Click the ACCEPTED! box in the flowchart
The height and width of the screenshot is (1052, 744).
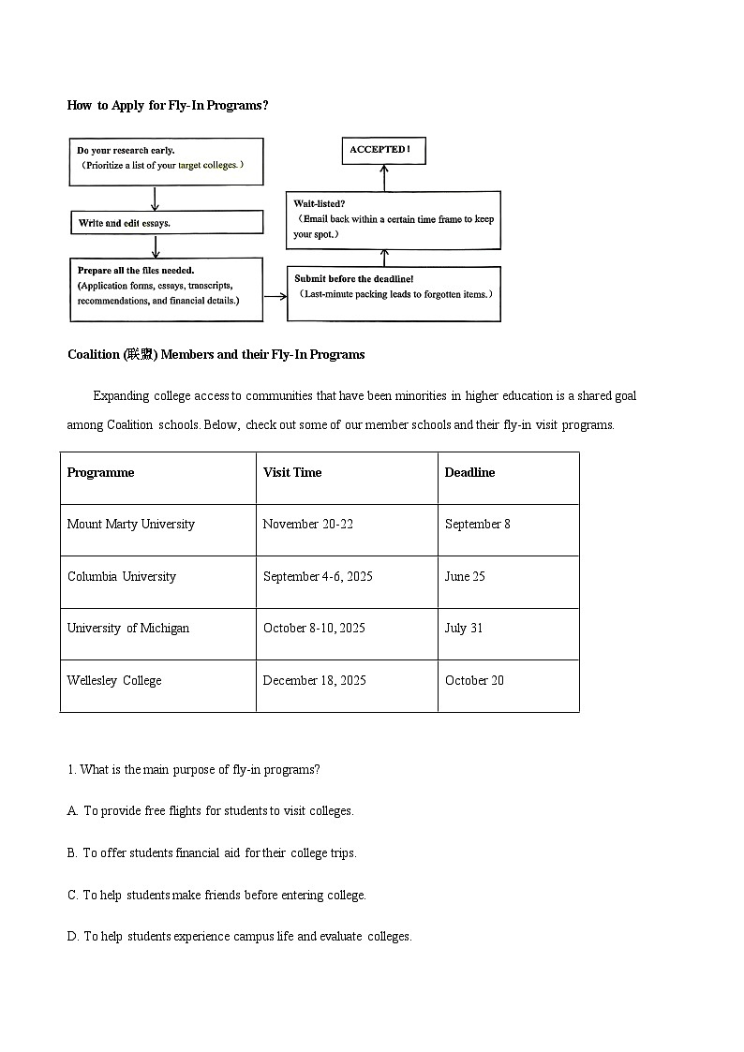[x=382, y=150]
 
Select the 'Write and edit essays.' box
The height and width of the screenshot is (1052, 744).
[x=166, y=223]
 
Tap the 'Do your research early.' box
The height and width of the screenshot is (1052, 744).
[x=166, y=161]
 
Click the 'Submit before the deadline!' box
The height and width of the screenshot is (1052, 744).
[x=394, y=293]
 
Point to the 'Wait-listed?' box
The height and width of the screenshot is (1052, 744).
[x=393, y=220]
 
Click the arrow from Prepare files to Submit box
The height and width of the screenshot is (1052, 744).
[x=275, y=296]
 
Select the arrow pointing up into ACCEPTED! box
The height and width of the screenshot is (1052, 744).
[x=383, y=178]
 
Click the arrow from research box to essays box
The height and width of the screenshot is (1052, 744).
[x=156, y=198]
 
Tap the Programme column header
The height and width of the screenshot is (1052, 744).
[x=101, y=473]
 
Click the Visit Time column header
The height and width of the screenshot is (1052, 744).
[x=292, y=473]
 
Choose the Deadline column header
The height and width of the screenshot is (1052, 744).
[x=469, y=473]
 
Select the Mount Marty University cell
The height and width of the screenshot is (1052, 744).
[x=131, y=525]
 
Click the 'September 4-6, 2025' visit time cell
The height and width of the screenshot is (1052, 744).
[x=318, y=577]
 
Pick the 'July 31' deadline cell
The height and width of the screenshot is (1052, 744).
[x=464, y=629]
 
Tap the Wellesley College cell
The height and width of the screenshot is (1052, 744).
[x=114, y=681]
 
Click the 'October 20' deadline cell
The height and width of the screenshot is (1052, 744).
[x=474, y=681]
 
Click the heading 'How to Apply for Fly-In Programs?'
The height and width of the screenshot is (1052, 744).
[x=168, y=106]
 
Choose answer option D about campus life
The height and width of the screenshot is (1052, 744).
[x=239, y=937]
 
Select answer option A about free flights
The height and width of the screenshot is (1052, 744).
[x=211, y=811]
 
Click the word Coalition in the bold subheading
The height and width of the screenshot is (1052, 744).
[x=94, y=355]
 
